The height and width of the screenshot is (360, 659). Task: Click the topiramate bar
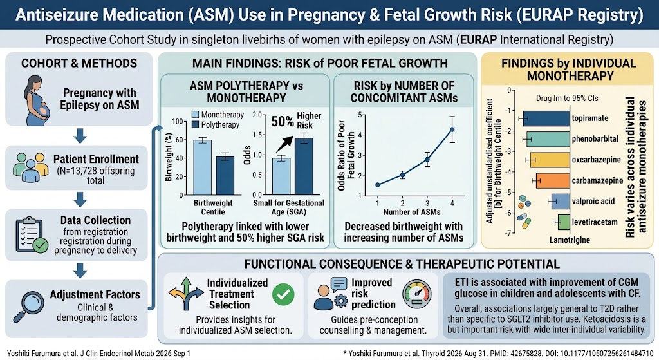click(x=546, y=118)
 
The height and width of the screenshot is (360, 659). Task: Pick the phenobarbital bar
click(x=548, y=139)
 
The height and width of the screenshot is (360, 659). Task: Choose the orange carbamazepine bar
click(x=553, y=180)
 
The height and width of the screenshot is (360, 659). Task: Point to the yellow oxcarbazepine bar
click(x=550, y=160)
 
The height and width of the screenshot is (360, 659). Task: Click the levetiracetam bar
click(x=564, y=222)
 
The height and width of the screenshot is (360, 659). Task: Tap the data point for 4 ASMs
click(x=452, y=129)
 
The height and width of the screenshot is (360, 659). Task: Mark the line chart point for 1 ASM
click(x=377, y=185)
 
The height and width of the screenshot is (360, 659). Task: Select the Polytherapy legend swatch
click(x=196, y=124)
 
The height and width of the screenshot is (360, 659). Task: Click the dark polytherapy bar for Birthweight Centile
click(x=225, y=176)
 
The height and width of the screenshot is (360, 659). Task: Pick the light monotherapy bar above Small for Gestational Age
click(x=281, y=176)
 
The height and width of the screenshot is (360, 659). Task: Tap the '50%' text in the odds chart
click(x=283, y=122)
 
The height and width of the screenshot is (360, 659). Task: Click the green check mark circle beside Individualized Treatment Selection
click(x=283, y=294)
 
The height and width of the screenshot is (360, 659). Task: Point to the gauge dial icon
click(x=416, y=294)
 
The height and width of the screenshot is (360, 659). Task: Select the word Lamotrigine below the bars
click(x=570, y=240)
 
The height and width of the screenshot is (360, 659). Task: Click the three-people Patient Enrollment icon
click(x=30, y=167)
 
